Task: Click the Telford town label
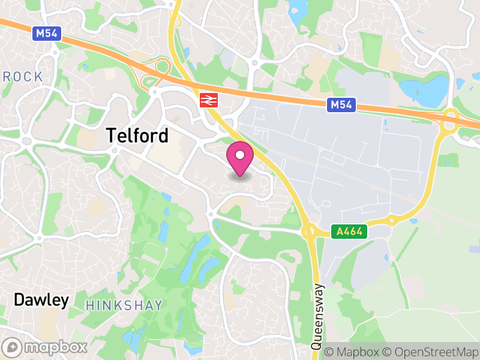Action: click(x=137, y=136)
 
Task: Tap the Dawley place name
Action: click(x=41, y=300)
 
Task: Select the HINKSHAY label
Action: click(x=124, y=305)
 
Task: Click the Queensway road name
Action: click(x=317, y=316)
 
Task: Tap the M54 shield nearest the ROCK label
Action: click(x=46, y=34)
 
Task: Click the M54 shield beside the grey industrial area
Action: click(x=342, y=106)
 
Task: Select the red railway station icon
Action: click(x=208, y=100)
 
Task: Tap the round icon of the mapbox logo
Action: click(x=13, y=347)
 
